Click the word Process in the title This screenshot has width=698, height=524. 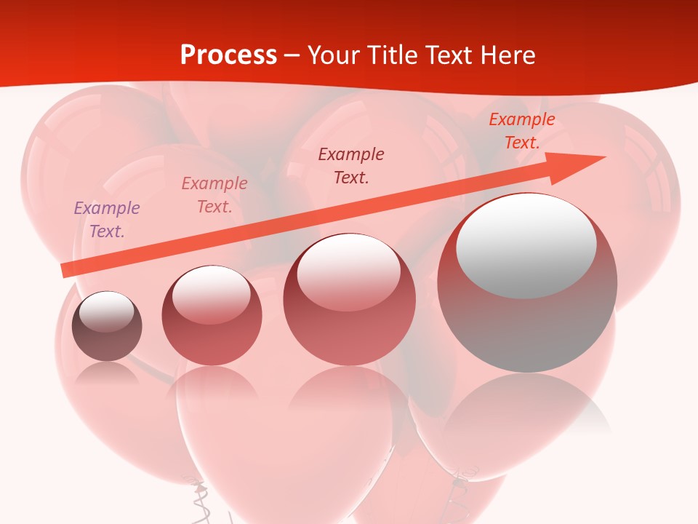pos(228,55)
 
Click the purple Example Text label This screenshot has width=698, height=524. pos(107,219)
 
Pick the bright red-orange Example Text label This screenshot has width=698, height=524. pos(521,131)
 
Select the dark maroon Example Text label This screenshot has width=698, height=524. pos(351,165)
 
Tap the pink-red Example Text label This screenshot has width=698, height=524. pos(214,194)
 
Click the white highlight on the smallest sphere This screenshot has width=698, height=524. pos(106,311)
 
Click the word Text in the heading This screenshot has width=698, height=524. pos(446,55)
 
